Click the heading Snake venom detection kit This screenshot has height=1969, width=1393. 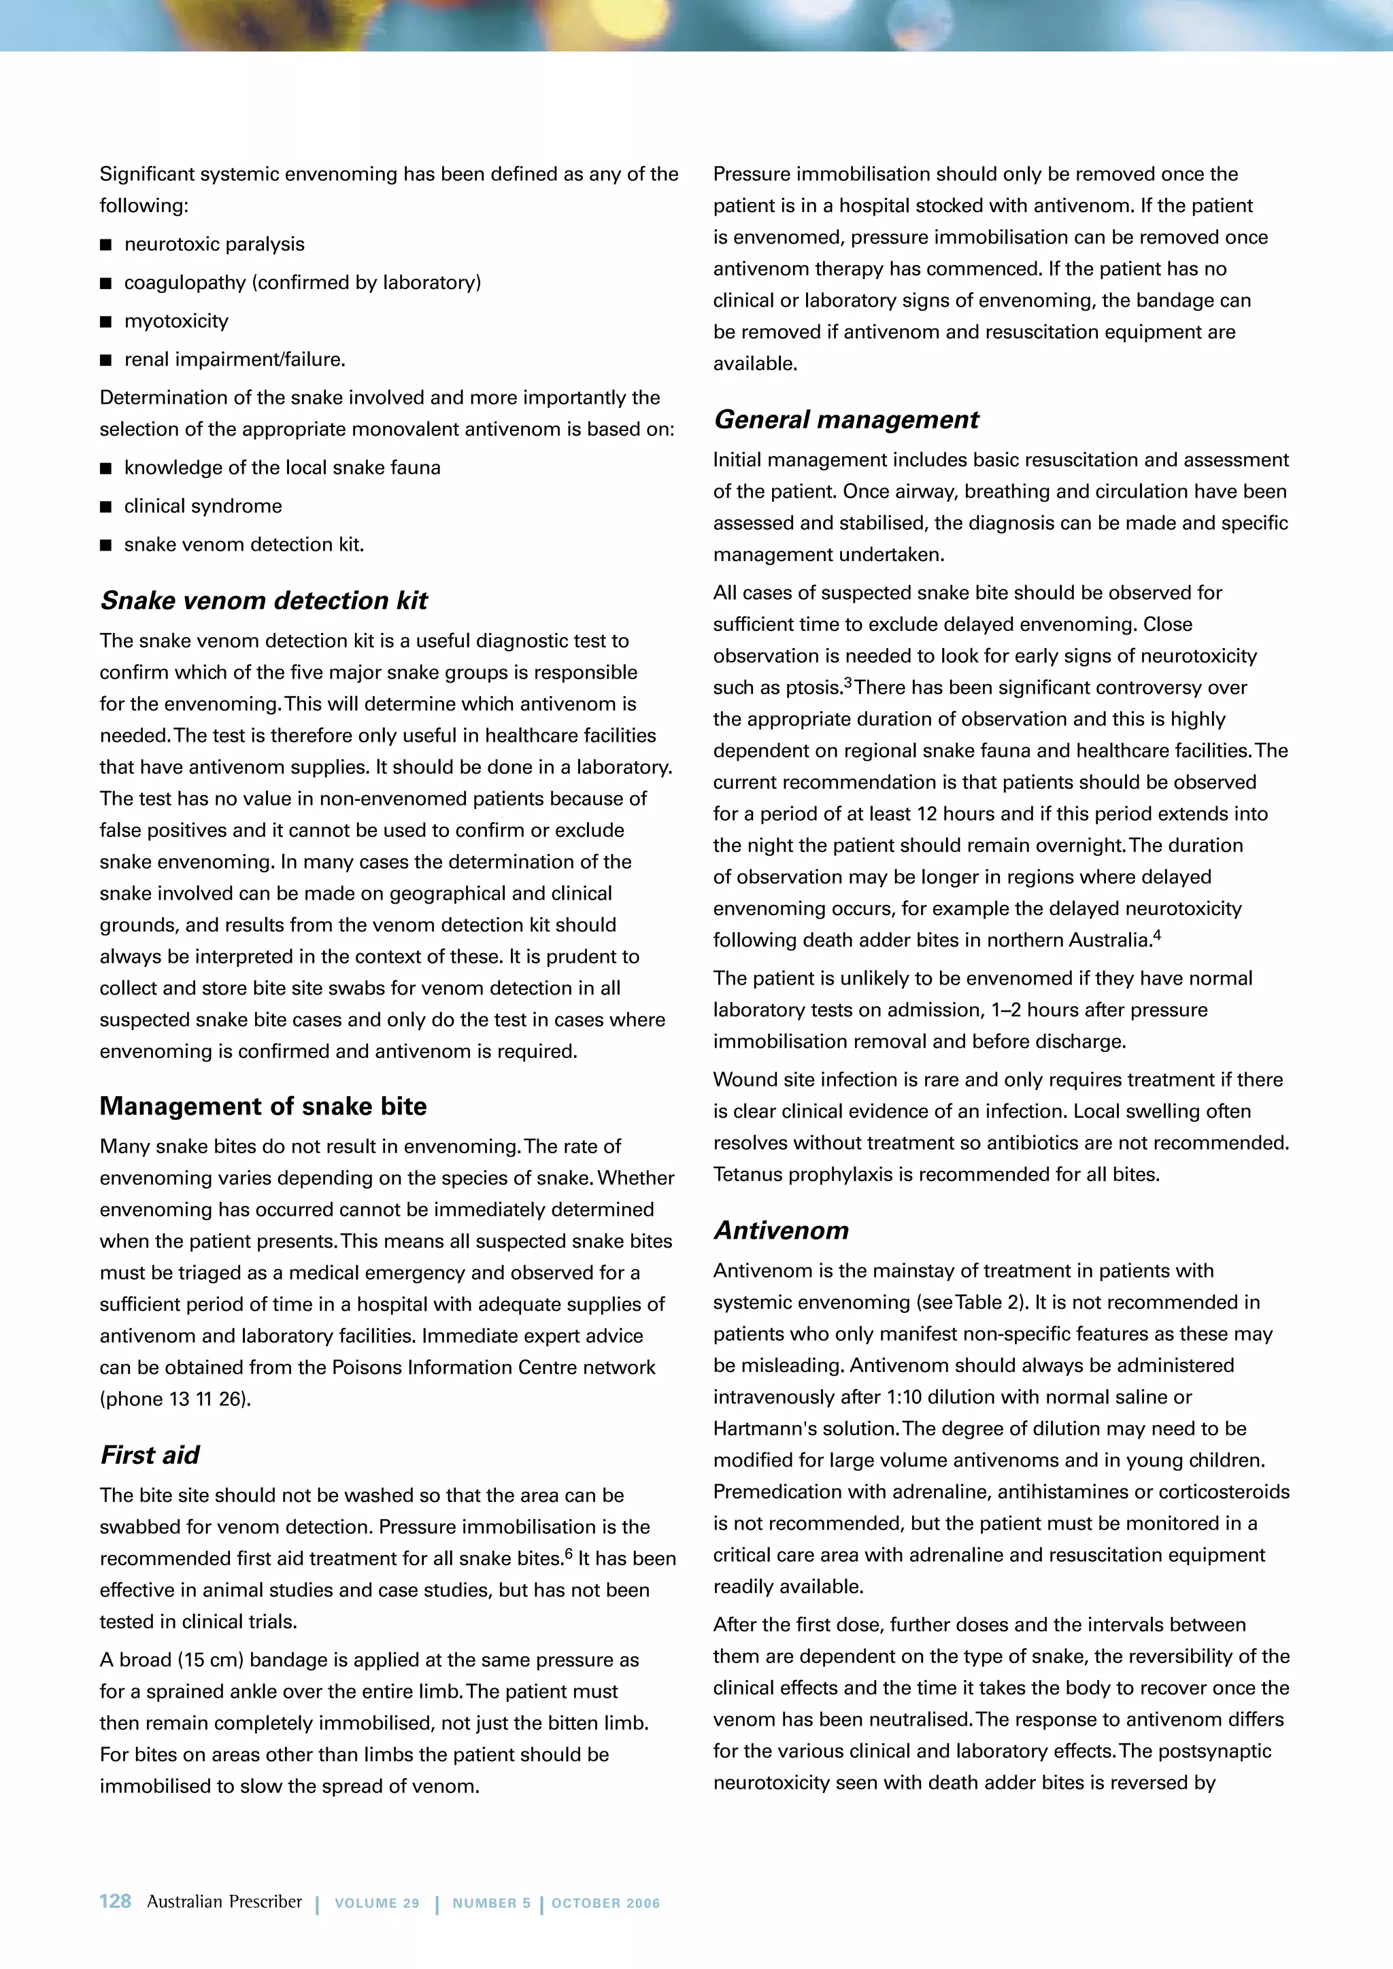click(263, 600)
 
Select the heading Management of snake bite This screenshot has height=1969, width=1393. click(263, 1106)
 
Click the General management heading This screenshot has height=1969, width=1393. click(845, 420)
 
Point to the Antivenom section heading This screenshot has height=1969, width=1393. click(781, 1231)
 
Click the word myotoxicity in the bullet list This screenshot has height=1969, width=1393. click(176, 321)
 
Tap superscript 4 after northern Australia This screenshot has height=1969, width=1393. click(1157, 934)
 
